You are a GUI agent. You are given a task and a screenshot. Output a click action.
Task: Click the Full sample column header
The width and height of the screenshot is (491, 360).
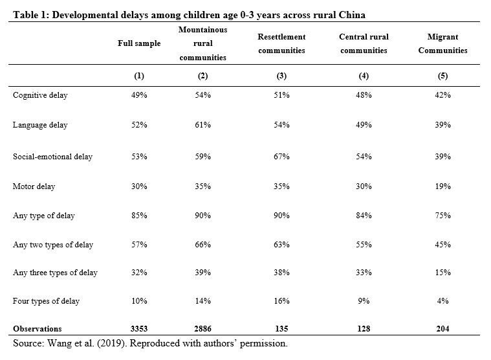click(139, 43)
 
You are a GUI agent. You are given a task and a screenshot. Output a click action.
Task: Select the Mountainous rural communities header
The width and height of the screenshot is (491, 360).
click(203, 43)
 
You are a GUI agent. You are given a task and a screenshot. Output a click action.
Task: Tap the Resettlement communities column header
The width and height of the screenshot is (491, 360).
click(281, 43)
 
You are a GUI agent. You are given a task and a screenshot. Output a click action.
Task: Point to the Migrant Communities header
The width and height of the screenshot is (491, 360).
click(442, 43)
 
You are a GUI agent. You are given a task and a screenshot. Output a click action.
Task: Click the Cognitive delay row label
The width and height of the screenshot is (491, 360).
click(40, 95)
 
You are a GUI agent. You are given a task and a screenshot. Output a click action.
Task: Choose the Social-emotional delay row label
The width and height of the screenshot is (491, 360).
click(52, 156)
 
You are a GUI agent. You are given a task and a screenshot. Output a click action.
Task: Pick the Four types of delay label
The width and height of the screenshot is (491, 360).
click(46, 301)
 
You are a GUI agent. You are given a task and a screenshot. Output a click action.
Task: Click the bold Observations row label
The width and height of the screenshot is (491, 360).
click(38, 329)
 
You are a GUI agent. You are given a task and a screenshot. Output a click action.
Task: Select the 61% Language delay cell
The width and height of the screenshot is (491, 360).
click(203, 125)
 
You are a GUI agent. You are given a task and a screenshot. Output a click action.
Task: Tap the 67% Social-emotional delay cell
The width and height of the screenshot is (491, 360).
click(281, 156)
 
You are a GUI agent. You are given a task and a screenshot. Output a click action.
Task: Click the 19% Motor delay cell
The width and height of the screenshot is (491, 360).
click(442, 186)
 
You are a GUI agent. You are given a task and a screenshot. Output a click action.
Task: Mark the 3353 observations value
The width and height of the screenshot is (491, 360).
click(139, 329)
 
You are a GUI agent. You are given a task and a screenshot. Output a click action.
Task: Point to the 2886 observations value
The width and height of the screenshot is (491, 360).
click(203, 329)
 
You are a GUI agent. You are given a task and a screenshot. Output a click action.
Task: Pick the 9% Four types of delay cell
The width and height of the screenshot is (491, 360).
click(364, 301)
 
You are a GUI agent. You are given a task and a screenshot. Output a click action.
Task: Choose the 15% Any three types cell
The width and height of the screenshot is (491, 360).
click(442, 273)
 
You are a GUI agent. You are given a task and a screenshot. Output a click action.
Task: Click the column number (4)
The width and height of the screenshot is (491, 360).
click(364, 76)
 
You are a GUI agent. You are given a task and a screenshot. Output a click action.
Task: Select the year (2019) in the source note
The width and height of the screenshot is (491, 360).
click(112, 343)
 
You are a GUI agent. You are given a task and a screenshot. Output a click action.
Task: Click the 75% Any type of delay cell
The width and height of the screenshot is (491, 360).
click(442, 216)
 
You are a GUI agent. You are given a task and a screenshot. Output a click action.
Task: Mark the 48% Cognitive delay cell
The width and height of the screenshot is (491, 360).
click(364, 95)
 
